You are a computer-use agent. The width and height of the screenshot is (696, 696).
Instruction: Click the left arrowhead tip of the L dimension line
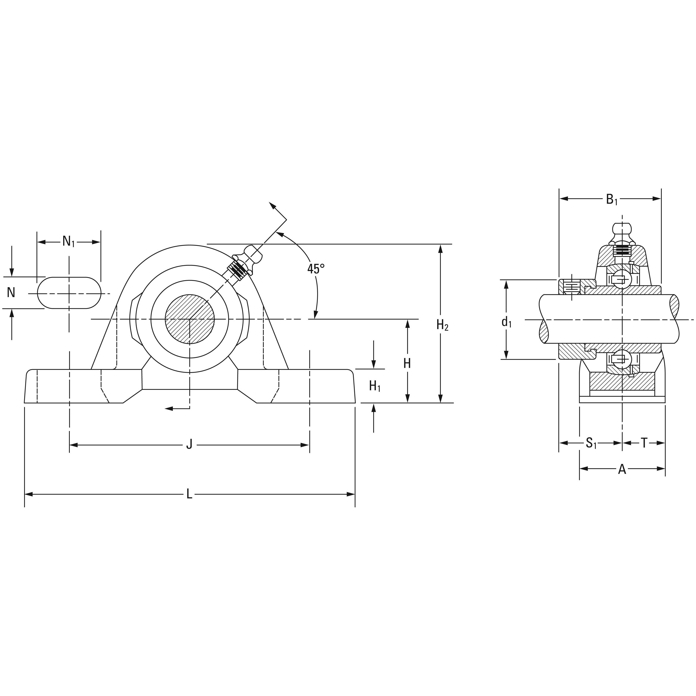tap(25, 494)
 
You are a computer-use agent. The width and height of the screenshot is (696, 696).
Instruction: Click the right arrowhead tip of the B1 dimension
tap(661, 199)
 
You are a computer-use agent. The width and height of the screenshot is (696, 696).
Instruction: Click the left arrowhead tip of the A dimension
tap(580, 469)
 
